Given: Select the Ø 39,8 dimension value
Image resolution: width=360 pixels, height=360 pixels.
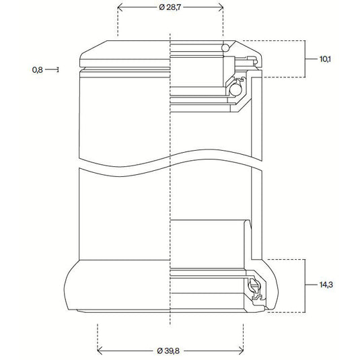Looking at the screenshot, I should [x=174, y=351].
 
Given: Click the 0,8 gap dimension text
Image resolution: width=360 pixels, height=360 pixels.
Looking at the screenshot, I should [x=38, y=69].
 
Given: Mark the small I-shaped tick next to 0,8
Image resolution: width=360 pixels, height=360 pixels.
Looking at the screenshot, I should [x=59, y=69].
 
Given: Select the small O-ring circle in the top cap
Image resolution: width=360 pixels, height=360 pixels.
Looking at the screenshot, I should [x=227, y=47].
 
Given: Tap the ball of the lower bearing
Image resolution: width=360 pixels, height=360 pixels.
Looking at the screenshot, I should [x=254, y=287].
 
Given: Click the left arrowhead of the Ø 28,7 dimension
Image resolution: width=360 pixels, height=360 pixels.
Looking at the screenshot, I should [x=120, y=8].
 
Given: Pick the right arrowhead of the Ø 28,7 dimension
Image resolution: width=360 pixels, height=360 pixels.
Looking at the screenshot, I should [x=221, y=8].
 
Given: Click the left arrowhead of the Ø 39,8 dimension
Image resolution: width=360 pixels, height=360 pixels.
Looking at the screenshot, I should [x=101, y=351].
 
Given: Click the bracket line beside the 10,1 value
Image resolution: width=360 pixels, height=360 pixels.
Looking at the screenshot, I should [x=305, y=59].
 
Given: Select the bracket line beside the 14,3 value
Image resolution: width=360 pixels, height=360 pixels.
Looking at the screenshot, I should [x=305, y=285].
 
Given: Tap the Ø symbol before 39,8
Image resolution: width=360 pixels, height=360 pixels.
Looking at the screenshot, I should [x=160, y=351].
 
